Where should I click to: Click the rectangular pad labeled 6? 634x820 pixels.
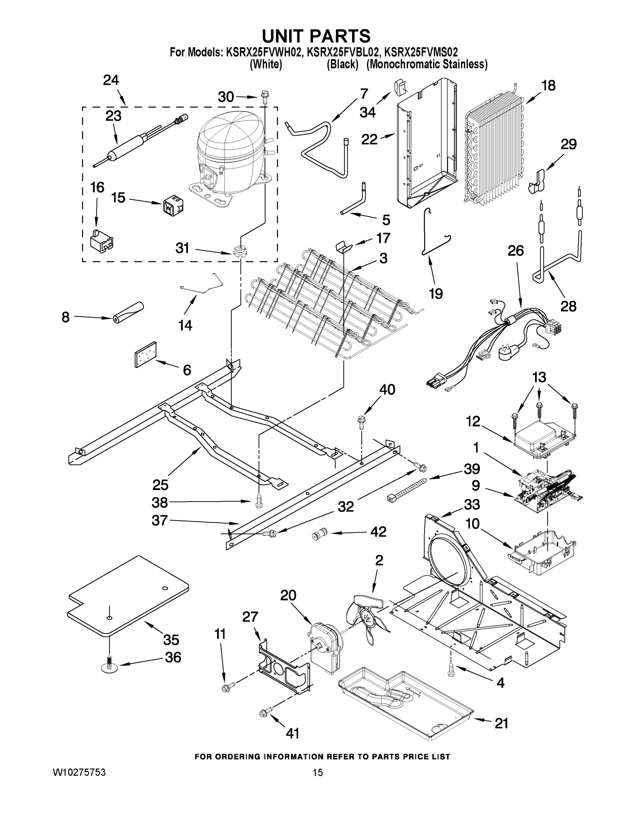pyautogui.click(x=145, y=354)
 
